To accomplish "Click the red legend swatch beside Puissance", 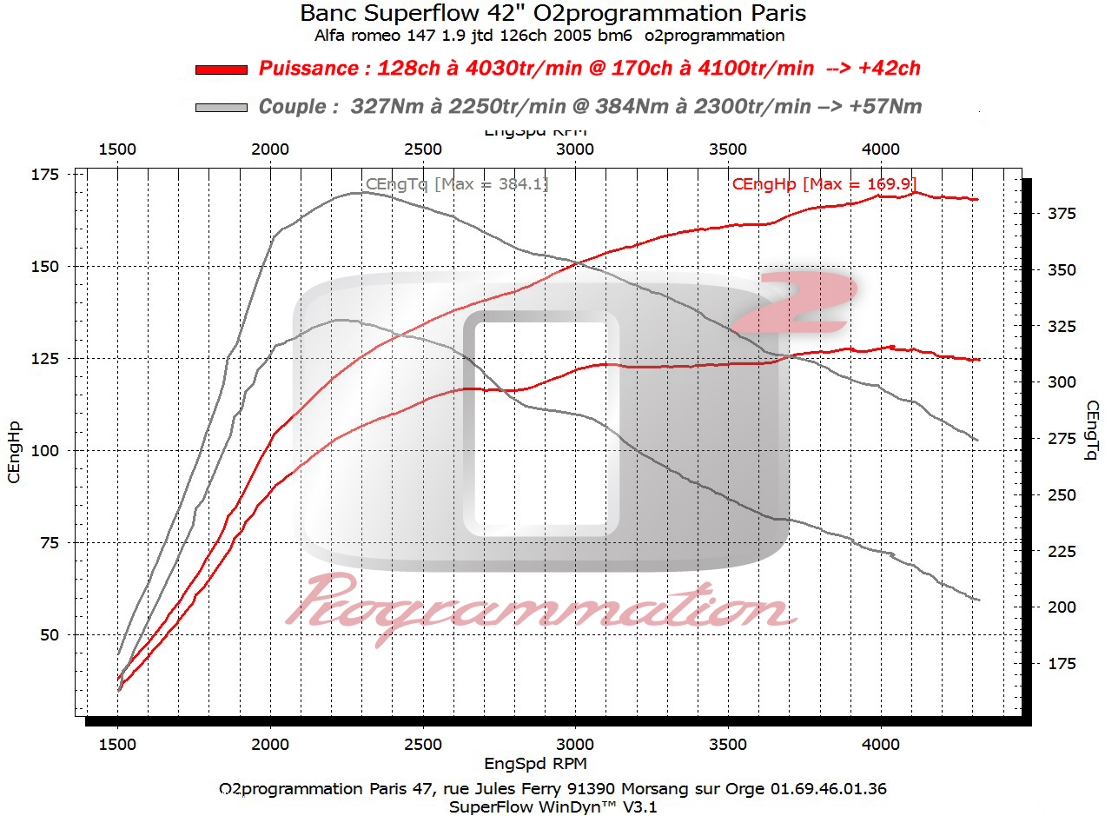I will point(222,70).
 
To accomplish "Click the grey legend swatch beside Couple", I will point(222,107).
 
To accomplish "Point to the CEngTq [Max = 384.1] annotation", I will point(457,184).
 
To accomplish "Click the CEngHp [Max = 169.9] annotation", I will point(824,183).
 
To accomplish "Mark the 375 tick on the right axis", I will point(1059,214).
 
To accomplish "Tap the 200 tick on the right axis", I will point(1059,607).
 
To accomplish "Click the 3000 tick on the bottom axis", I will point(575,745).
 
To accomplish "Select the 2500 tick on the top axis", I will point(422,149).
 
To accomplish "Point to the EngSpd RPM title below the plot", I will point(535,764).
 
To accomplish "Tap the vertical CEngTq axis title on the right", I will point(1092,430).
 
